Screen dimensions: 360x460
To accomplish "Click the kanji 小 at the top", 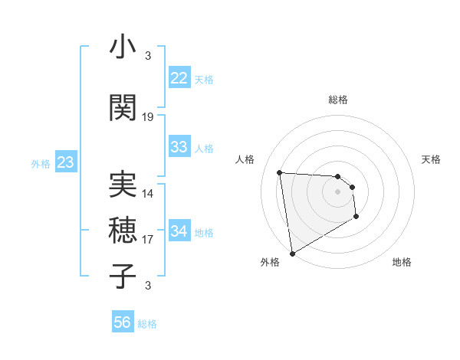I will (x=123, y=47).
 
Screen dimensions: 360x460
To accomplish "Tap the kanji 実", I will (x=123, y=184).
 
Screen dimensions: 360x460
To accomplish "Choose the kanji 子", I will (x=123, y=276).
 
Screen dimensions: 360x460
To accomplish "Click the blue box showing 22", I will (x=179, y=78).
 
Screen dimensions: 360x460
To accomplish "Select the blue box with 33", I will (x=179, y=147).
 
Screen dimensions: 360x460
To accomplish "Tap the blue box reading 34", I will (x=179, y=231).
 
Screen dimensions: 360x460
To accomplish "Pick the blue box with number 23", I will (x=65, y=162).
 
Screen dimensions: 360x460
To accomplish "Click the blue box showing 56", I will (x=123, y=322).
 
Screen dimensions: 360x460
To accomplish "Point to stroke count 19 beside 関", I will (x=148, y=117).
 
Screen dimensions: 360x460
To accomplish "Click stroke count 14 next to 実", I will (x=148, y=194).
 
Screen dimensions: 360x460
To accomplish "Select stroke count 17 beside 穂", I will (x=148, y=240).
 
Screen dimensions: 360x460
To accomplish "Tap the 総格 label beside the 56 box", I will (x=148, y=324).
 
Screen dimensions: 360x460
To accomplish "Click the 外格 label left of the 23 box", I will (x=40, y=164).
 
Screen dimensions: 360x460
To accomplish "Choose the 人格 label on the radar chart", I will (x=245, y=159).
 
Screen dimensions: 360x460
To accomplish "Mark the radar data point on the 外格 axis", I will (x=292, y=253).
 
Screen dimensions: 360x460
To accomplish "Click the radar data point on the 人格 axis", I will (x=280, y=172).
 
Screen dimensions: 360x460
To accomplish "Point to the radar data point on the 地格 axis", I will (x=356, y=217).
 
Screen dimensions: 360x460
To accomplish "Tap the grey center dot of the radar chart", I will (x=337, y=192).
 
